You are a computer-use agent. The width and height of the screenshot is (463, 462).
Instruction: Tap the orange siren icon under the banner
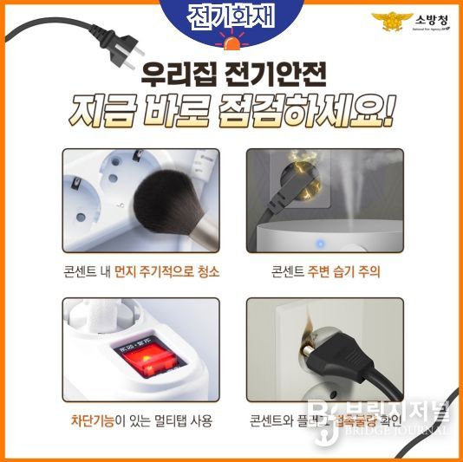click(x=231, y=42)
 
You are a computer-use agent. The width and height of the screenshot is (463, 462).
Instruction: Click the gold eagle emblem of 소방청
click(x=387, y=23)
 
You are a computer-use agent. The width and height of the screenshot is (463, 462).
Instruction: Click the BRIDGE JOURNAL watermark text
click(x=407, y=430)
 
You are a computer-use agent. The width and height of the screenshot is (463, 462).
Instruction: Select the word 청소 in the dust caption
click(x=207, y=271)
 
